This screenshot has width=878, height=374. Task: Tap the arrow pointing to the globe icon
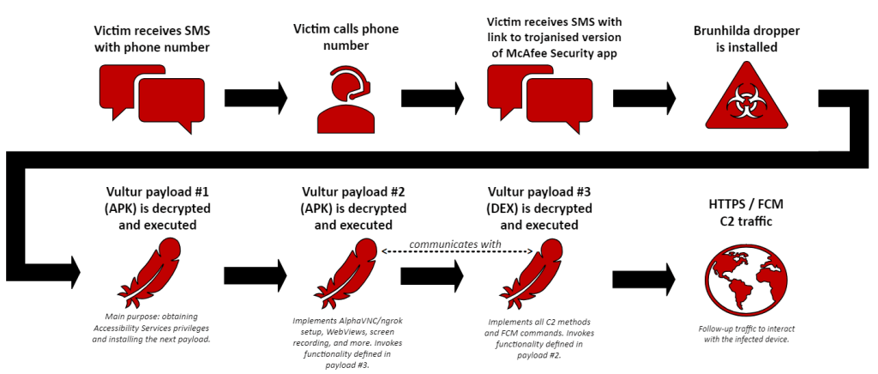tap(645, 278)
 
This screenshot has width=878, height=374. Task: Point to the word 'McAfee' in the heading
tap(508, 52)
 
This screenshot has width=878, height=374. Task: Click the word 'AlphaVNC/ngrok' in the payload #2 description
tap(363, 321)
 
